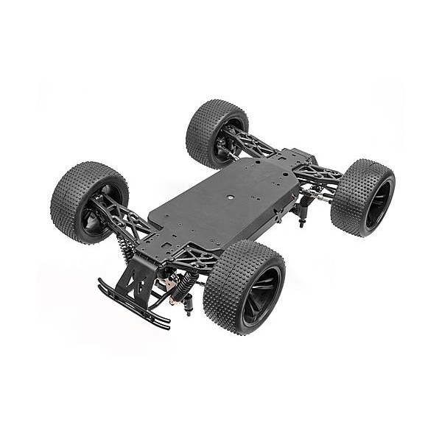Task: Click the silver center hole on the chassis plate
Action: [x=230, y=197]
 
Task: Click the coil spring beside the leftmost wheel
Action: [x=127, y=249]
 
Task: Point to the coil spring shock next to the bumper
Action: [x=182, y=284]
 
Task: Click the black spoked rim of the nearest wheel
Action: [x=261, y=295]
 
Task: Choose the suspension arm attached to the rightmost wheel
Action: [x=320, y=177]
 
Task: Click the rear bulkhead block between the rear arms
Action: [x=298, y=158]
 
